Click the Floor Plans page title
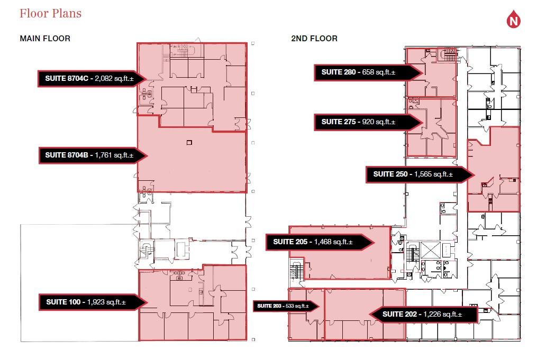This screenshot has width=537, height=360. pyautogui.click(x=50, y=13)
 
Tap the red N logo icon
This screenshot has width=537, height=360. pyautogui.click(x=513, y=20)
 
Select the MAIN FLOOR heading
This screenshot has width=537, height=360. pyautogui.click(x=45, y=39)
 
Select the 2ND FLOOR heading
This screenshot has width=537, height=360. pyautogui.click(x=314, y=39)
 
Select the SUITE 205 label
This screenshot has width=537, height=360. pyautogui.click(x=290, y=242)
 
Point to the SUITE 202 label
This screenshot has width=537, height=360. pyautogui.click(x=399, y=315)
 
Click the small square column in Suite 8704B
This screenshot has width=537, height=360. pyautogui.click(x=189, y=142)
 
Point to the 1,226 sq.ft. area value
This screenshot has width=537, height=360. pyautogui.click(x=443, y=315)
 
